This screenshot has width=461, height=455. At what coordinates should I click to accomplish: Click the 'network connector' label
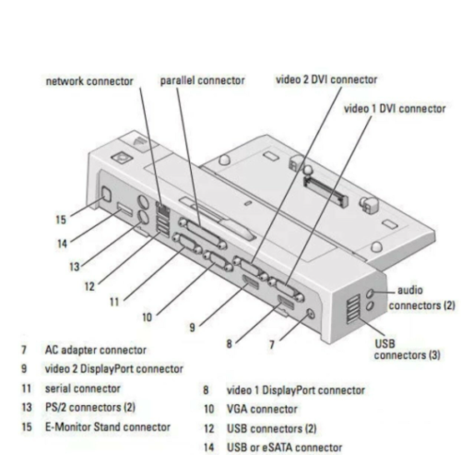coord(89,81)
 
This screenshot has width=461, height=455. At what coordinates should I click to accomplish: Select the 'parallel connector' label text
coord(202,81)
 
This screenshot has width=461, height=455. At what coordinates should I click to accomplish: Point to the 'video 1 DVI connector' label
coord(395,108)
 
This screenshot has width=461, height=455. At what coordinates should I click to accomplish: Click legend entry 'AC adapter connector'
coord(96,351)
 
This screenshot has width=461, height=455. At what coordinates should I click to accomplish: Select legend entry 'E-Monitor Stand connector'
coord(108,426)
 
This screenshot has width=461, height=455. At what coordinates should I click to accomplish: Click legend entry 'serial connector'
coord(84,389)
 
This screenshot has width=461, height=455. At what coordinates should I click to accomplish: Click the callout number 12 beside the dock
coord(89,286)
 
